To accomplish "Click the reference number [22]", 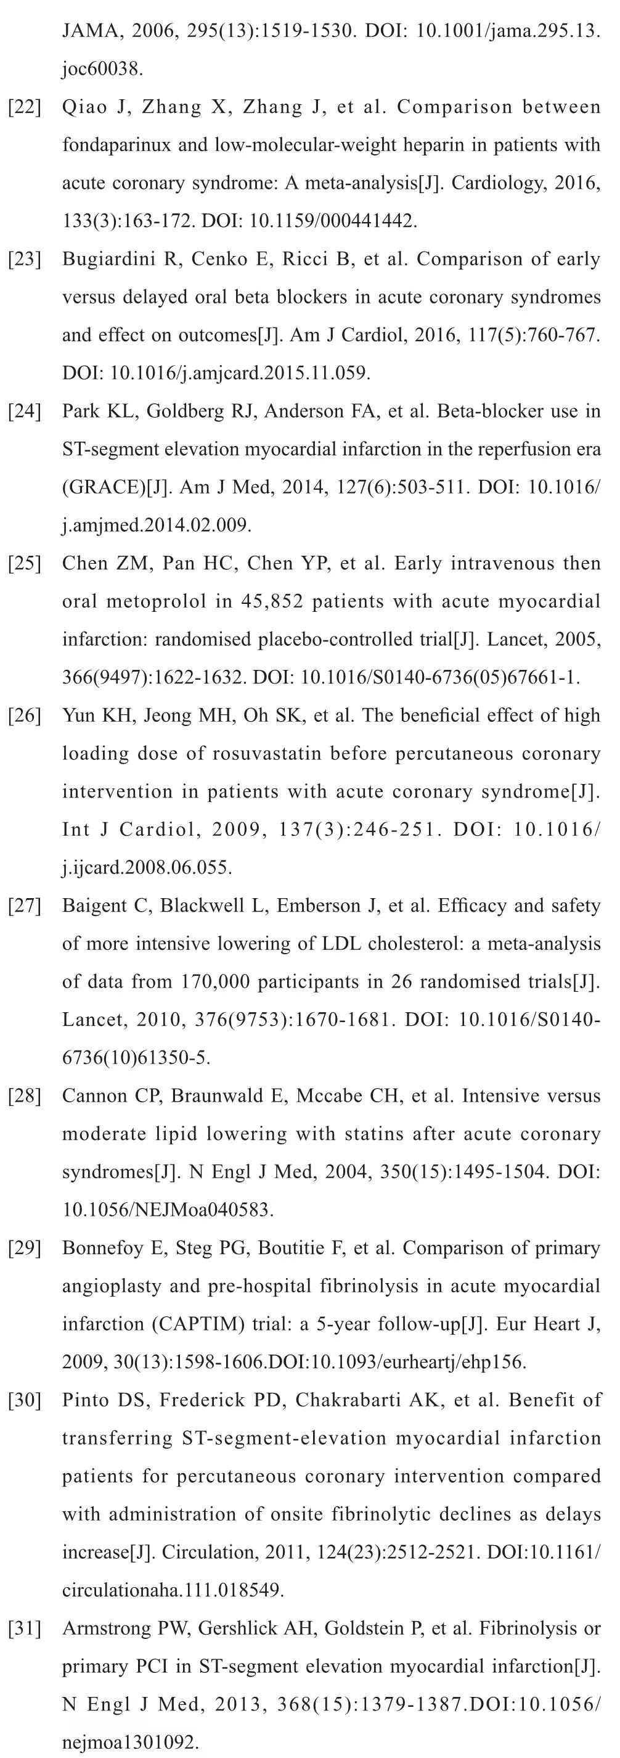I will coord(25,107).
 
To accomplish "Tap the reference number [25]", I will coord(25,564).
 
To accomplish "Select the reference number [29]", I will coord(25,1248).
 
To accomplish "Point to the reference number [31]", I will coord(25,1628).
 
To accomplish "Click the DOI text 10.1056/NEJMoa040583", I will coord(167,1210).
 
